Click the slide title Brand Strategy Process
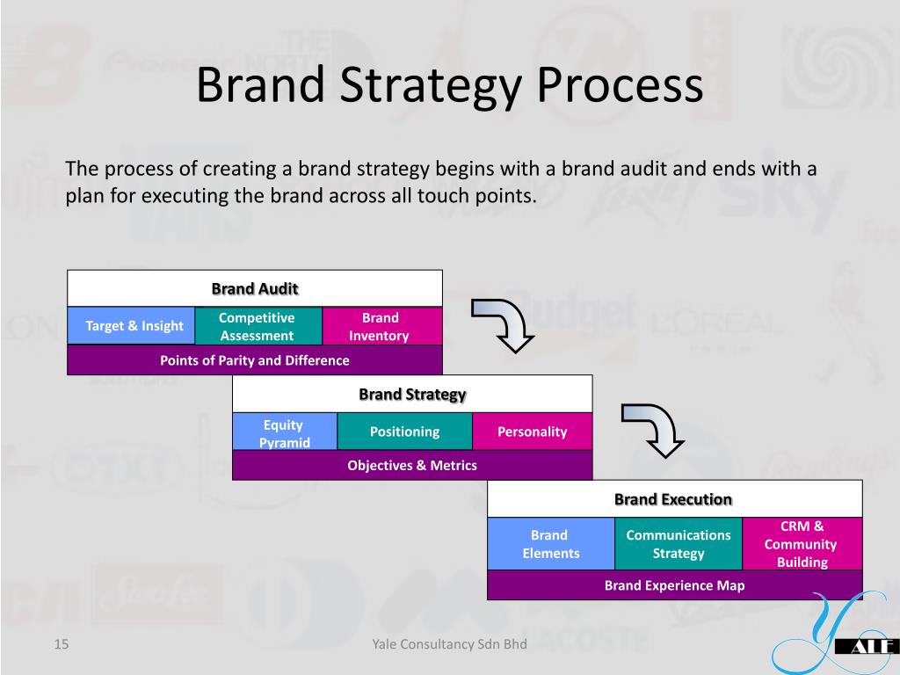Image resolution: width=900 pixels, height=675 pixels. pyautogui.click(x=450, y=85)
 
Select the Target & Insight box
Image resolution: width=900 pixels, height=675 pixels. pyautogui.click(x=132, y=325)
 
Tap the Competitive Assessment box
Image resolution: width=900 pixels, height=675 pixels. pyautogui.click(x=259, y=326)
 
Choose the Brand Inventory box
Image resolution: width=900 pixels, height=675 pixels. pyautogui.click(x=382, y=326)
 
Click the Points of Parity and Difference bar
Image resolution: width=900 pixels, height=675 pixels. pyautogui.click(x=255, y=359)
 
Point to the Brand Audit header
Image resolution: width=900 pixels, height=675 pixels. pyautogui.click(x=255, y=288)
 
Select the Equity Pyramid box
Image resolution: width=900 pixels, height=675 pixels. pyautogui.click(x=285, y=431)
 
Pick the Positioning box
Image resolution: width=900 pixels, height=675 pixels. pyautogui.click(x=404, y=431)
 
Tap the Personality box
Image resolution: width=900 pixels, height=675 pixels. pyautogui.click(x=532, y=431)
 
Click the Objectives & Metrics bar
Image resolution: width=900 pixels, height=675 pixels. pyautogui.click(x=412, y=465)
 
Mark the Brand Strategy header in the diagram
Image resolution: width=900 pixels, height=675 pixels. pyautogui.click(x=412, y=394)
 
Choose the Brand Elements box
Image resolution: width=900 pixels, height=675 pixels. pyautogui.click(x=551, y=543)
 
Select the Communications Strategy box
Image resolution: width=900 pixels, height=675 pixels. pyautogui.click(x=679, y=543)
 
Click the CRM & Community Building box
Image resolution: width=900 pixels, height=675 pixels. pyautogui.click(x=802, y=543)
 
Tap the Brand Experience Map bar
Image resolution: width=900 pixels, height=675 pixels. pyautogui.click(x=675, y=584)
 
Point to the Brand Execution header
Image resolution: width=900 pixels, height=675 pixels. pyautogui.click(x=675, y=499)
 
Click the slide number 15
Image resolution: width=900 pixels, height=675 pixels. pyautogui.click(x=62, y=644)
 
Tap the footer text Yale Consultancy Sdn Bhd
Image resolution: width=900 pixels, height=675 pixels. pyautogui.click(x=449, y=644)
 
